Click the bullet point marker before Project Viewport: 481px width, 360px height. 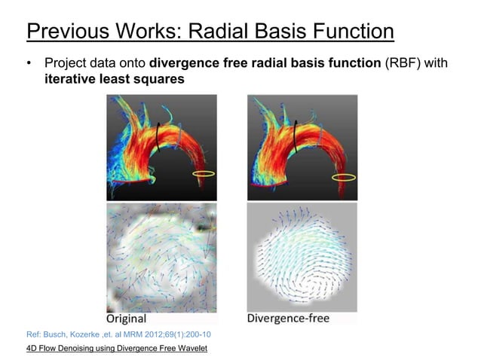(29, 65)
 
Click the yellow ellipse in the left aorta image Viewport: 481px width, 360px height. (204, 175)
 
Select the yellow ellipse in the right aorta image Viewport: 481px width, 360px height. (344, 177)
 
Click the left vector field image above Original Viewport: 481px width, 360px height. (161, 256)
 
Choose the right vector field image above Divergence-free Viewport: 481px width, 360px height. (302, 256)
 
